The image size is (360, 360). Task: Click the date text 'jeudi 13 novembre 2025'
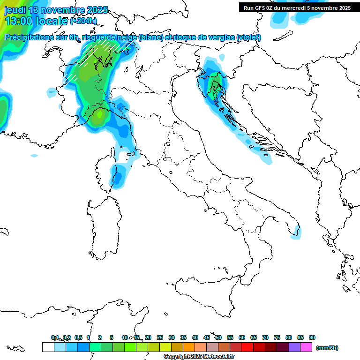pos(56,10)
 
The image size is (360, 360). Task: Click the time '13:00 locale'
pos(36,21)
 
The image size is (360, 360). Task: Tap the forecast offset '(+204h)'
pos(83,21)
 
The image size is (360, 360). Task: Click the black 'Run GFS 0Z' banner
pos(297,7)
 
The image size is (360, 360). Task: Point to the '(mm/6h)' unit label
pos(327,348)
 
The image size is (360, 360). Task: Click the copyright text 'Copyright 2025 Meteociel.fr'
pos(199,356)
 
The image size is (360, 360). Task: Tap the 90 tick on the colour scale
pos(312,337)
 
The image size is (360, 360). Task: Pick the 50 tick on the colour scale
pos(218,337)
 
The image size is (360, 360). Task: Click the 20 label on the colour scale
pos(148,337)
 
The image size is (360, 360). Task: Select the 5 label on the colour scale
pos(112,337)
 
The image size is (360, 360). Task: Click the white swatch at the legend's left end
pos(48,347)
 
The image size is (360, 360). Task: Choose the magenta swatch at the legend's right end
pos(306,347)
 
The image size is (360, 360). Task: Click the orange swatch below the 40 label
pos(189,347)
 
